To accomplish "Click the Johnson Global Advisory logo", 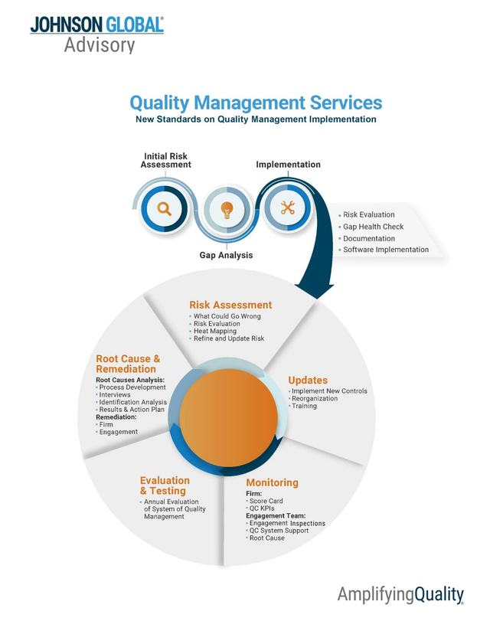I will point(96,34).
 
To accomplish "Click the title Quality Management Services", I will point(256,103).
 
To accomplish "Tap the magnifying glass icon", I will point(165,208).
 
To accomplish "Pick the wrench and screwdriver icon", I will point(288,208).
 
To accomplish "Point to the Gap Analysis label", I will point(227,255).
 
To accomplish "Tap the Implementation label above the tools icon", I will point(288,165).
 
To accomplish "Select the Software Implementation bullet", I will point(385,250).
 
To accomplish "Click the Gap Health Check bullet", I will point(373,227).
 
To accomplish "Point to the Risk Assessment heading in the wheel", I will point(230,305).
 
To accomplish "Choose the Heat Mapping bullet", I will point(220,331).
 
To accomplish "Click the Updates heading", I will point(308,380).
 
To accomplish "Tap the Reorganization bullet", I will point(316,398).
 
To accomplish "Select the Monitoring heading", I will point(272,483).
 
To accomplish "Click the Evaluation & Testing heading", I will point(164,485).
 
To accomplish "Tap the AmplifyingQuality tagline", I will point(400,593).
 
